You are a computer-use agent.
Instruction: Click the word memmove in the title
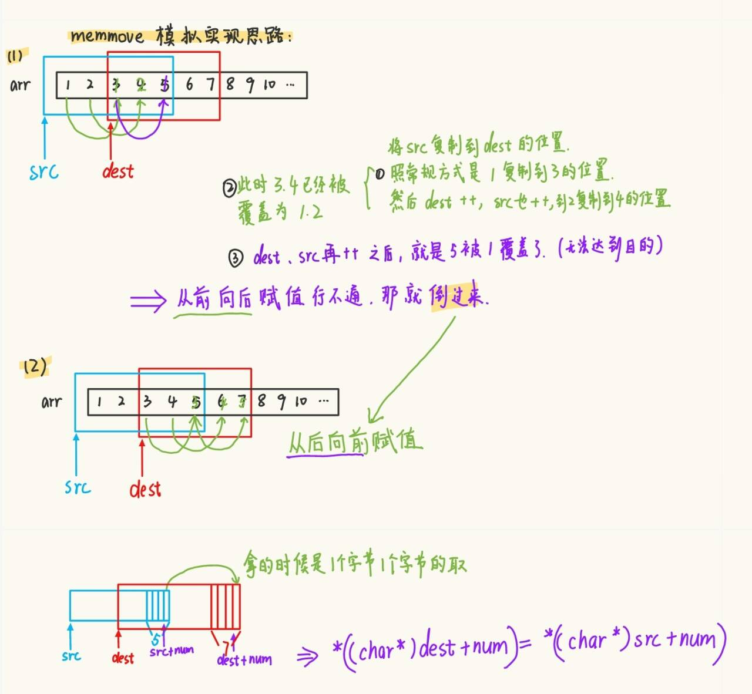107,36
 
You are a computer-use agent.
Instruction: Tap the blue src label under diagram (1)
44,171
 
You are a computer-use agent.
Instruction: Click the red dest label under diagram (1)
117,171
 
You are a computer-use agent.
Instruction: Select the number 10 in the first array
269,85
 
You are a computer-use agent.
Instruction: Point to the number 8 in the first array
230,85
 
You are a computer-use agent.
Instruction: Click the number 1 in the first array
68,85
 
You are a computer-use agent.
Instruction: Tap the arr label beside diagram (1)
20,86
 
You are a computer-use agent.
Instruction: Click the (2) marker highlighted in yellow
35,367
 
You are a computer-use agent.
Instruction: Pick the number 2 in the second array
121,402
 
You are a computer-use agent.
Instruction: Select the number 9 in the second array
281,402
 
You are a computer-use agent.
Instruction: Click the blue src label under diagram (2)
78,487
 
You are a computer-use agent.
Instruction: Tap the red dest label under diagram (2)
145,489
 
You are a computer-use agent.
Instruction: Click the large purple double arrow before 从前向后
148,301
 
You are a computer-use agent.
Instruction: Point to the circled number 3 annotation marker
236,258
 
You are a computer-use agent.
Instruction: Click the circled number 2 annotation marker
229,188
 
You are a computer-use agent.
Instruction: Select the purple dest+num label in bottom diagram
244,660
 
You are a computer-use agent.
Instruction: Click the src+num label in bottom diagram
172,651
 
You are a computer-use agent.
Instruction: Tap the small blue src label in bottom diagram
71,656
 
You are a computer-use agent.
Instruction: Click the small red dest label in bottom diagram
123,658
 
